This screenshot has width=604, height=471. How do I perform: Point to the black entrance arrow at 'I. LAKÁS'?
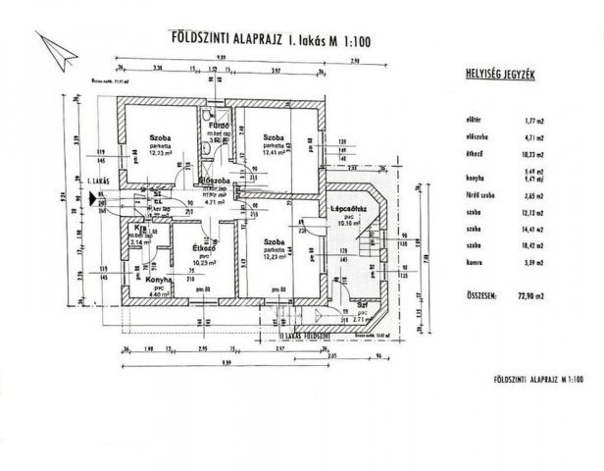97,195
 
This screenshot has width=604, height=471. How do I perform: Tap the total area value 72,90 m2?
535,293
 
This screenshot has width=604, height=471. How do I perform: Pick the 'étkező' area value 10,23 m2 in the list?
535,155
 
